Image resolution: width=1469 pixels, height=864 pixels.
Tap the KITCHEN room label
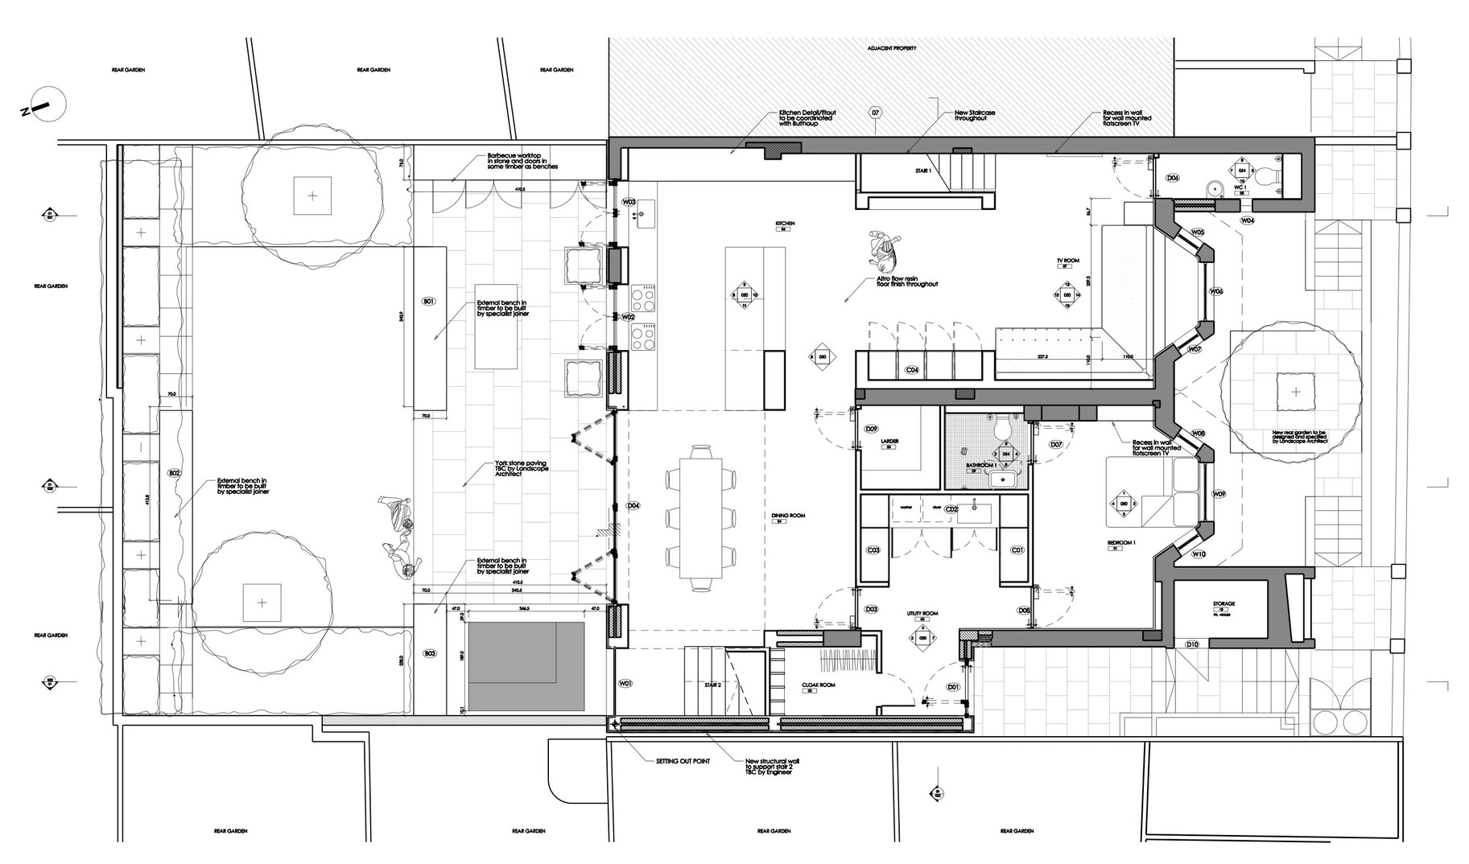[785, 223]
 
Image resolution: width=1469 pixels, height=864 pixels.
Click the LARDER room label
[889, 442]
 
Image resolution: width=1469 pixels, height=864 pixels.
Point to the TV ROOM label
[1067, 261]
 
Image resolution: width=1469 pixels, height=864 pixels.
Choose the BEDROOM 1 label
[1121, 544]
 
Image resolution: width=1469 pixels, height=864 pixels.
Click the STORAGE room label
[1223, 603]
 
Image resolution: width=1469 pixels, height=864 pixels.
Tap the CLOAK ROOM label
[819, 685]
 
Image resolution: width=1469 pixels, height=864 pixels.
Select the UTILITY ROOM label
[922, 614]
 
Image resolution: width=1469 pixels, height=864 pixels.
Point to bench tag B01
[428, 302]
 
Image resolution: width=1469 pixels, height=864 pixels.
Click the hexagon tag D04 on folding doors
[633, 506]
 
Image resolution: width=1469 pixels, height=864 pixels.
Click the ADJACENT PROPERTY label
[891, 48]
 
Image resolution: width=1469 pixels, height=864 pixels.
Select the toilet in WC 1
[1267, 175]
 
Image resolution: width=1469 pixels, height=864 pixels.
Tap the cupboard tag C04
[912, 370]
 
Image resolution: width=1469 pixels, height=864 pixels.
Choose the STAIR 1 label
[923, 171]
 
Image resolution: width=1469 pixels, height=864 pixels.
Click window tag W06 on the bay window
[1216, 292]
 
